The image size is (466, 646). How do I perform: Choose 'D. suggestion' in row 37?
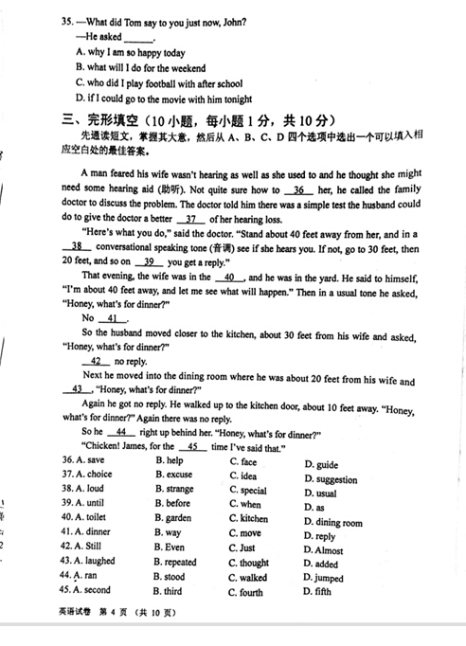331,479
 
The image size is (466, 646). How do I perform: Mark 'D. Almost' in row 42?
323,550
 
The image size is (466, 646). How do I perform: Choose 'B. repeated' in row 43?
175,562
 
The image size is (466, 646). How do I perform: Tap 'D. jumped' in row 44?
323,578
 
